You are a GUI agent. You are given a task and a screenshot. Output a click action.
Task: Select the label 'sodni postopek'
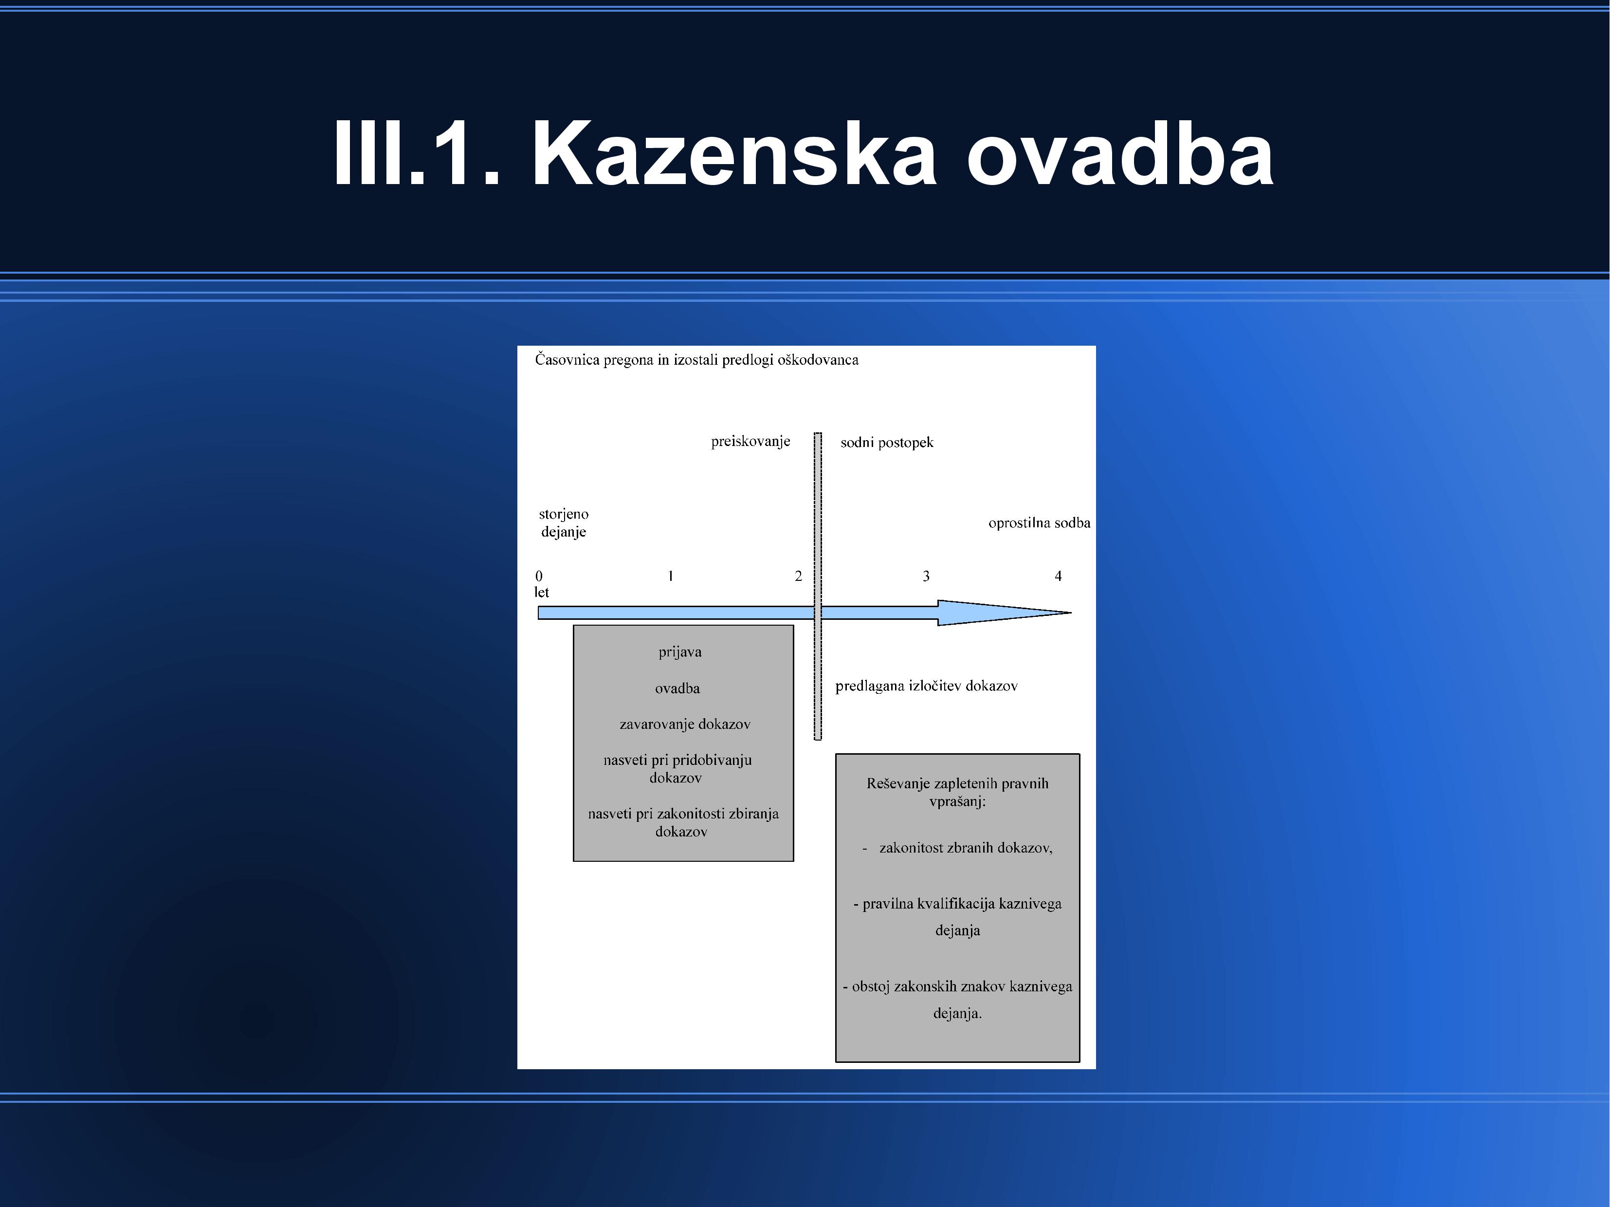[x=886, y=442]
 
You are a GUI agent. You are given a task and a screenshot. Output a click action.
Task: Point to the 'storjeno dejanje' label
[x=564, y=523]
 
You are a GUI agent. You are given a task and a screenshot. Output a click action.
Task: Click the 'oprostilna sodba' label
[x=1040, y=523]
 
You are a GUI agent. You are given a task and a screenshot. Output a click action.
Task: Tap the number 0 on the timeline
[x=539, y=576]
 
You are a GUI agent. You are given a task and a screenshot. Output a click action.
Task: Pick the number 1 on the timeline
[x=670, y=576]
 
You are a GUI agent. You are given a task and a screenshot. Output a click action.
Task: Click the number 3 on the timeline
[x=926, y=576]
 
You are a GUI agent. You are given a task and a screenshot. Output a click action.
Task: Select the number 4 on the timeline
[x=1058, y=576]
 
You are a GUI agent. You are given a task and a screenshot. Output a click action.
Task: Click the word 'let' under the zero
[x=542, y=592]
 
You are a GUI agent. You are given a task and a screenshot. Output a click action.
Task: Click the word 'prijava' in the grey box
[x=680, y=651]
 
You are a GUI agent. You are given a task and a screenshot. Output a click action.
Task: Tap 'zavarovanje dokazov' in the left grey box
[x=685, y=724]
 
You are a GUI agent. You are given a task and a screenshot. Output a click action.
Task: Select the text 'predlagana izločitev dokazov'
[x=926, y=686]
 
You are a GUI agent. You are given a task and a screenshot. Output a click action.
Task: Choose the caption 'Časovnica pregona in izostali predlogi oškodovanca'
[x=696, y=360]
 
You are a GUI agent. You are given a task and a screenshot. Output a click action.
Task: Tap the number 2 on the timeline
[x=799, y=576]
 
